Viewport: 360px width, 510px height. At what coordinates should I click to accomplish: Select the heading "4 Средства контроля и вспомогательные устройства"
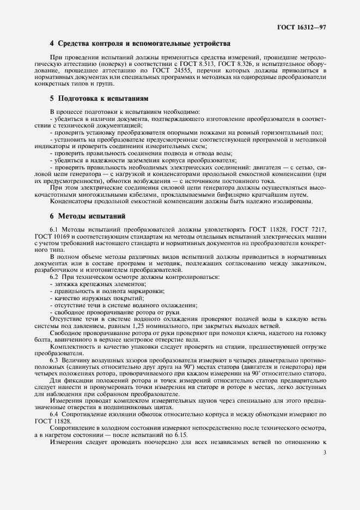tap(140, 43)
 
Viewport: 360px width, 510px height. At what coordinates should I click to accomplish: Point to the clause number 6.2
tap(54, 278)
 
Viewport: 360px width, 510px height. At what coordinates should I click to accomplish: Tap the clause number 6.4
tap(54, 415)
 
